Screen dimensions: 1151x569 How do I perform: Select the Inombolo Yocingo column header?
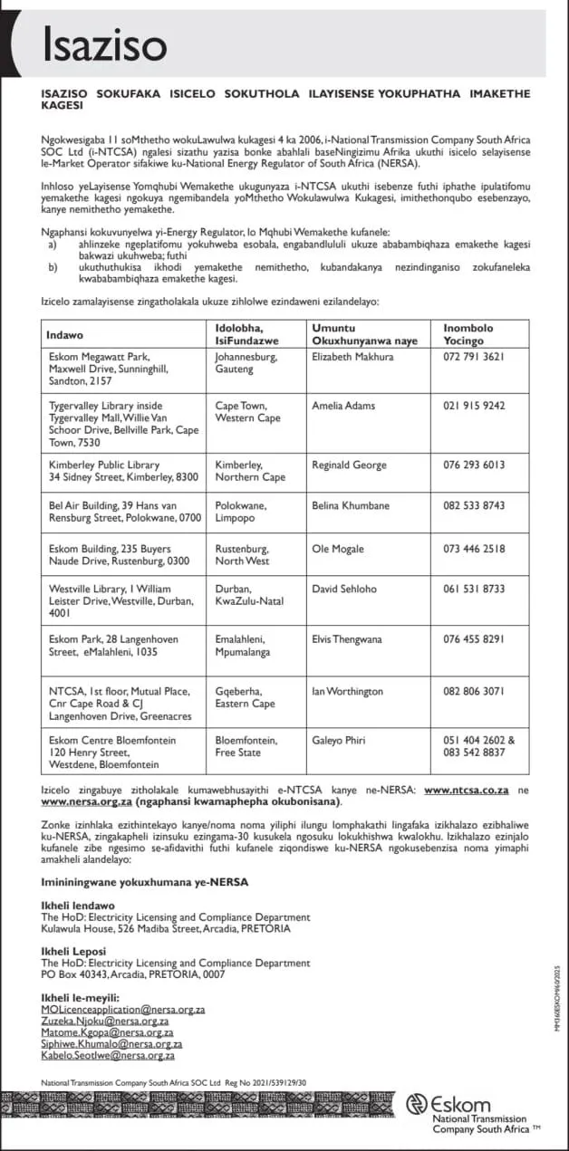click(471, 335)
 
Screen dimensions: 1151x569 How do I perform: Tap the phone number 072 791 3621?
click(472, 357)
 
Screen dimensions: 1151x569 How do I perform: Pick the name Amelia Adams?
click(341, 406)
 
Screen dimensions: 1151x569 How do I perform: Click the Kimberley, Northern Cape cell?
click(250, 471)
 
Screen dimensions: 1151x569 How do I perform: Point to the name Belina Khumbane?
click(352, 505)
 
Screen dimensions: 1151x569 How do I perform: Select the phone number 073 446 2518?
click(472, 549)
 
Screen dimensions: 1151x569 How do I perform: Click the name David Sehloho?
click(344, 589)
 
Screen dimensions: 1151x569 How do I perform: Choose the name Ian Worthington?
click(347, 692)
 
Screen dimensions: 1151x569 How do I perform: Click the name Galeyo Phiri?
click(340, 741)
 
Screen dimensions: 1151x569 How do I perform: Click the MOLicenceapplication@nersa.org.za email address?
click(123, 1009)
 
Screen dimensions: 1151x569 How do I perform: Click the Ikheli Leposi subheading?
click(73, 952)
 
